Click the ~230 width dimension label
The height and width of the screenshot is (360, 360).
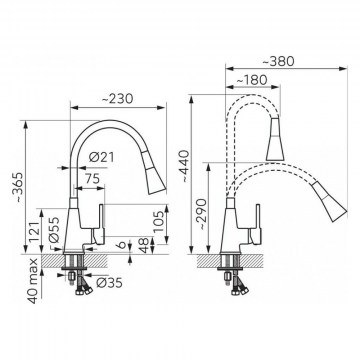click(x=117, y=99)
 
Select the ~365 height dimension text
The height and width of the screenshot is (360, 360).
click(x=18, y=188)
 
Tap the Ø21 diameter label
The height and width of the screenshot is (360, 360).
click(x=101, y=157)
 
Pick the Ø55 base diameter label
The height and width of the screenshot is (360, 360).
click(x=54, y=230)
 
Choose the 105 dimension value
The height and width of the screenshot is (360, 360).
click(x=160, y=222)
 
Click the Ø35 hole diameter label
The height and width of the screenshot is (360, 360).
click(x=109, y=283)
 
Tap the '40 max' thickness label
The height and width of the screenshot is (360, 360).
click(x=33, y=281)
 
